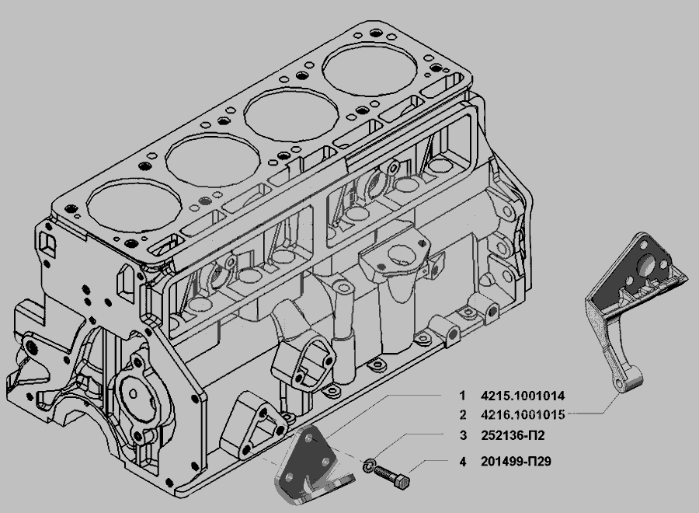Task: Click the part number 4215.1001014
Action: pyautogui.click(x=523, y=395)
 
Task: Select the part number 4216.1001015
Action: pyautogui.click(x=523, y=415)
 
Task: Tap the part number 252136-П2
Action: pyautogui.click(x=513, y=435)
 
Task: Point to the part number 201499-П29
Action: pyautogui.click(x=516, y=461)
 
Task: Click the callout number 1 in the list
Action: pyautogui.click(x=462, y=395)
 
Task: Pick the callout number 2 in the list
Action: pyautogui.click(x=463, y=415)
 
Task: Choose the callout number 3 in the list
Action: pyautogui.click(x=463, y=435)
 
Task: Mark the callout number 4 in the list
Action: pyautogui.click(x=463, y=461)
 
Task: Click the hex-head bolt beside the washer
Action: pyautogui.click(x=392, y=476)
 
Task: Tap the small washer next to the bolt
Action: pyautogui.click(x=369, y=466)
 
